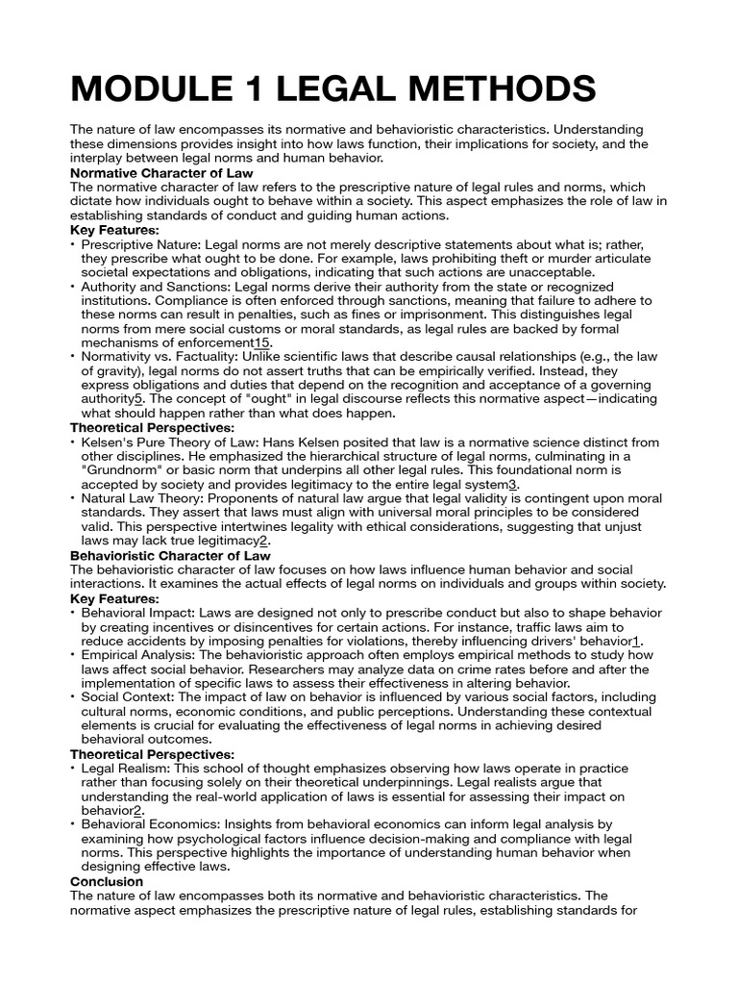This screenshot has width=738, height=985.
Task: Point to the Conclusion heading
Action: (x=107, y=881)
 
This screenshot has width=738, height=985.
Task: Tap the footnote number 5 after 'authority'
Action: (x=138, y=397)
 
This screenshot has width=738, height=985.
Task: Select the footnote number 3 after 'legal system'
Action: (x=513, y=485)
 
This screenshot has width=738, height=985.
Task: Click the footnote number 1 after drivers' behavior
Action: (x=636, y=641)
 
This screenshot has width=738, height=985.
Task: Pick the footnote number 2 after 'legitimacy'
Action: (x=262, y=541)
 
